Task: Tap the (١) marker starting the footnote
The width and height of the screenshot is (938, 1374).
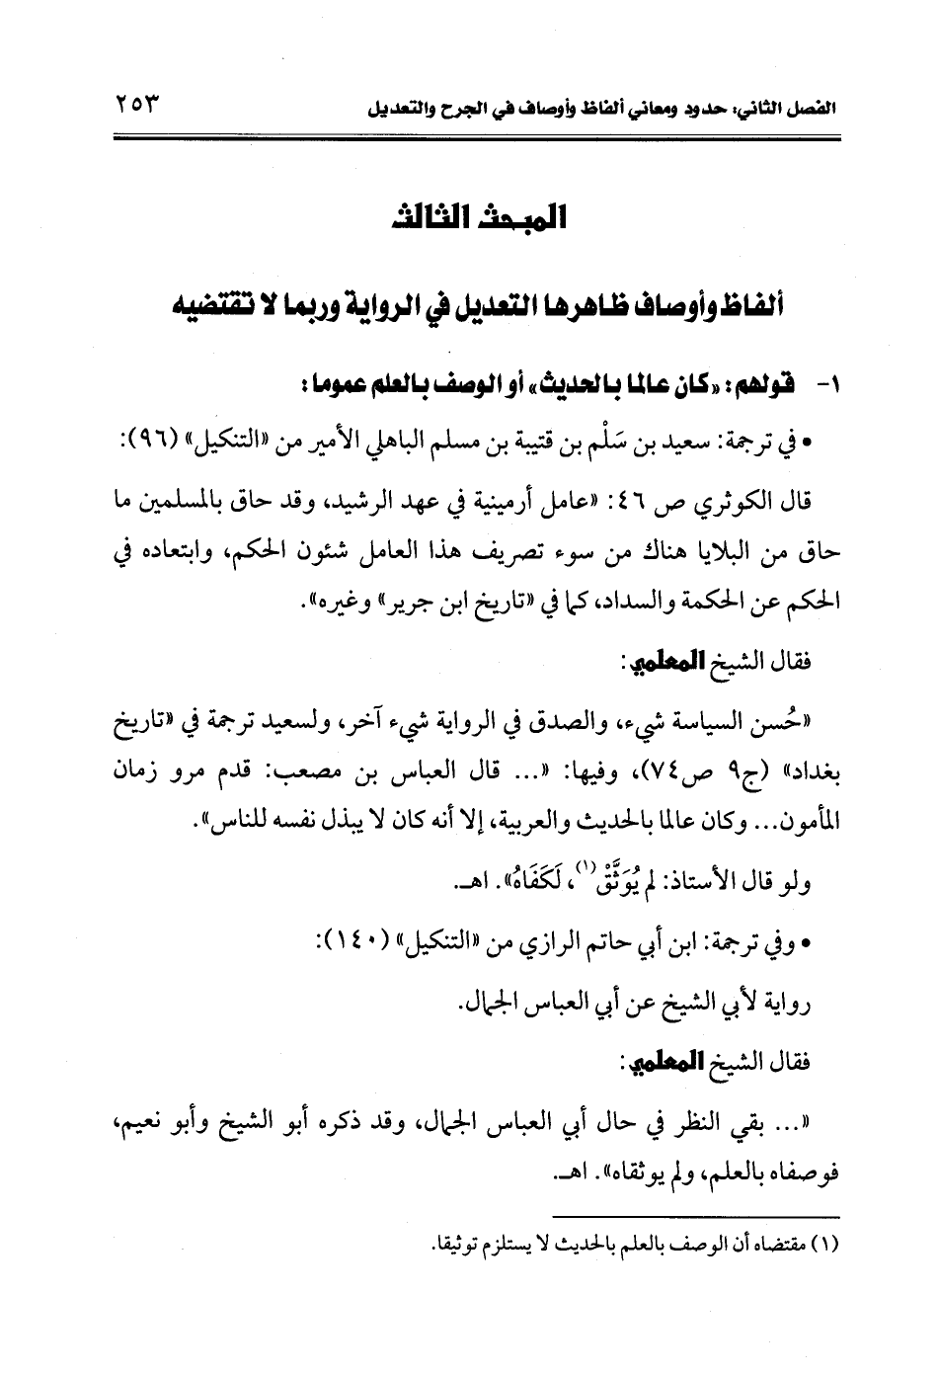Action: (x=821, y=1243)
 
